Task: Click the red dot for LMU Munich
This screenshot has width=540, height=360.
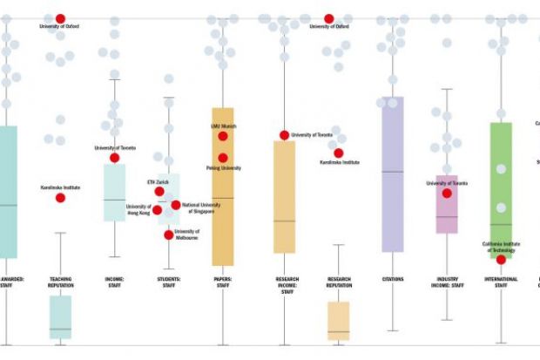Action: pyautogui.click(x=223, y=136)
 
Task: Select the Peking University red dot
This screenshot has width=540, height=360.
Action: pyautogui.click(x=223, y=158)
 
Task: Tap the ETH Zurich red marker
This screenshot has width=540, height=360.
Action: pyautogui.click(x=159, y=192)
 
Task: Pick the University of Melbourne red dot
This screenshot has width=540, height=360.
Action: pyautogui.click(x=169, y=234)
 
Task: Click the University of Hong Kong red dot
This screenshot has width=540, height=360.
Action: pyautogui.click(x=158, y=210)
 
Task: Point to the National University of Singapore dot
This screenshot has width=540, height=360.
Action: pyautogui.click(x=176, y=205)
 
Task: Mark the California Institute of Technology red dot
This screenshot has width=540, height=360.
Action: pyautogui.click(x=501, y=259)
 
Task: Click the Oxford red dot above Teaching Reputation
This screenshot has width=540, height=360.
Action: pyautogui.click(x=60, y=18)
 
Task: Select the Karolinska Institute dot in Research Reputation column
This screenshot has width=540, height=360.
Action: pyautogui.click(x=339, y=153)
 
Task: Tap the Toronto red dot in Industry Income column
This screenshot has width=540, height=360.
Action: pyautogui.click(x=447, y=194)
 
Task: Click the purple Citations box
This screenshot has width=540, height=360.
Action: pyautogui.click(x=392, y=174)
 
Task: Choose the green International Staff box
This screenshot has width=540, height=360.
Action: pyautogui.click(x=501, y=190)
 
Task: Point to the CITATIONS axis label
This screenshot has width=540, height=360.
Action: pyautogui.click(x=392, y=280)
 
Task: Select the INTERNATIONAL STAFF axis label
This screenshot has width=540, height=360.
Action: pyautogui.click(x=501, y=283)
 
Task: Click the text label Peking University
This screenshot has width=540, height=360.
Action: pyautogui.click(x=226, y=167)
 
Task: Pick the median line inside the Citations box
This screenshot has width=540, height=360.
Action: pyautogui.click(x=392, y=172)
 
